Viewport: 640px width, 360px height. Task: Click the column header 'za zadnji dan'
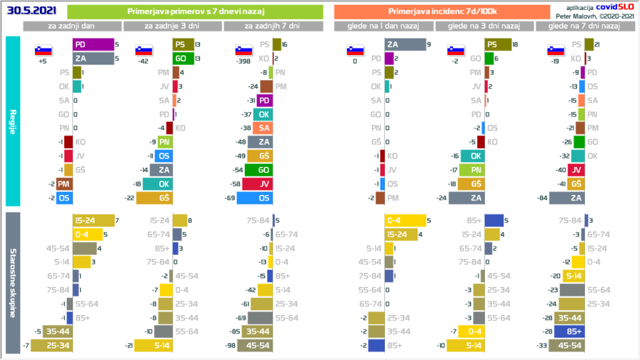[72, 26]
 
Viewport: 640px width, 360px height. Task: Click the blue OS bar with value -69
[259, 197]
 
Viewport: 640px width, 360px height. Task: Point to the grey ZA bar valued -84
[567, 197]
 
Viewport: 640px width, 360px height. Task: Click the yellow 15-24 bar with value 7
[94, 220]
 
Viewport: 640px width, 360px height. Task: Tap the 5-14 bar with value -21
[159, 344]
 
